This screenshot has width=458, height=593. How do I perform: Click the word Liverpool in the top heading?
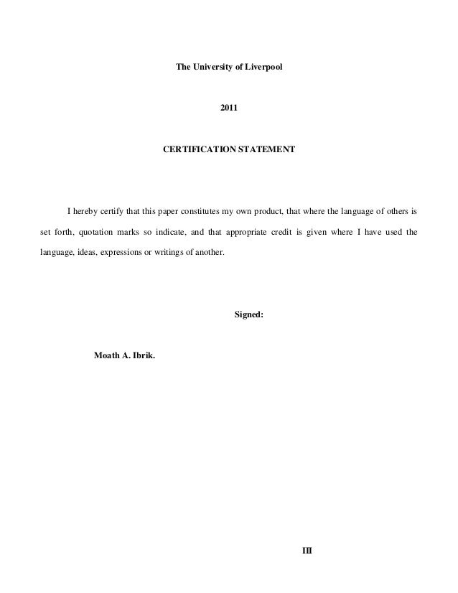(x=266, y=67)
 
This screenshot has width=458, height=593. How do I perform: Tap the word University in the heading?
(x=211, y=67)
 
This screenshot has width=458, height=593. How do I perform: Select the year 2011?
(x=229, y=108)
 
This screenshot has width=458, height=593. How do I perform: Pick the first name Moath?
(x=108, y=357)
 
